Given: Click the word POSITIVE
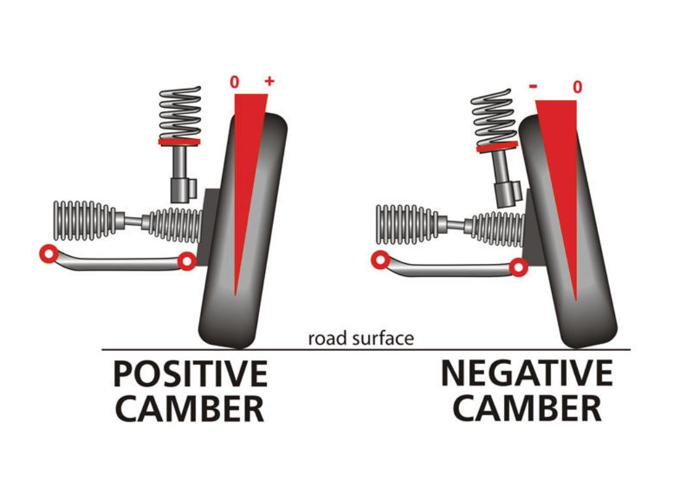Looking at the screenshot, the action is pyautogui.click(x=191, y=374).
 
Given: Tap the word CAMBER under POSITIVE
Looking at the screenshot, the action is pyautogui.click(x=189, y=408).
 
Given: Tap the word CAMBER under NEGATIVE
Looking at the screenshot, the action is pyautogui.click(x=527, y=408).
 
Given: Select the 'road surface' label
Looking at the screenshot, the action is pyautogui.click(x=360, y=339).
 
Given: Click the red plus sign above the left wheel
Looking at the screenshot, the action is pyautogui.click(x=269, y=81).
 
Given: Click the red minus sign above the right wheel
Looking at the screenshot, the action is pyautogui.click(x=533, y=86).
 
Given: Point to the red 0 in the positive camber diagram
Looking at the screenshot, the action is pyautogui.click(x=234, y=82).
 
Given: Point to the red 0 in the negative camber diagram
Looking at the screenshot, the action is pyautogui.click(x=578, y=87).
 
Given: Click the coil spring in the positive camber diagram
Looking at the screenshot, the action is pyautogui.click(x=179, y=113).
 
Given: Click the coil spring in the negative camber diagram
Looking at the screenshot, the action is pyautogui.click(x=493, y=118).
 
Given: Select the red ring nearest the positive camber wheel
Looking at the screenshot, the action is pyautogui.click(x=187, y=262).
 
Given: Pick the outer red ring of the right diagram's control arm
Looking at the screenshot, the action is pyautogui.click(x=380, y=260).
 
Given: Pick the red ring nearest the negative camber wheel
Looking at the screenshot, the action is pyautogui.click(x=518, y=268).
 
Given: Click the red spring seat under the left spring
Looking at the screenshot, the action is pyautogui.click(x=179, y=142).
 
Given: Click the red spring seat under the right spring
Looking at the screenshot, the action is pyautogui.click(x=497, y=146).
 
